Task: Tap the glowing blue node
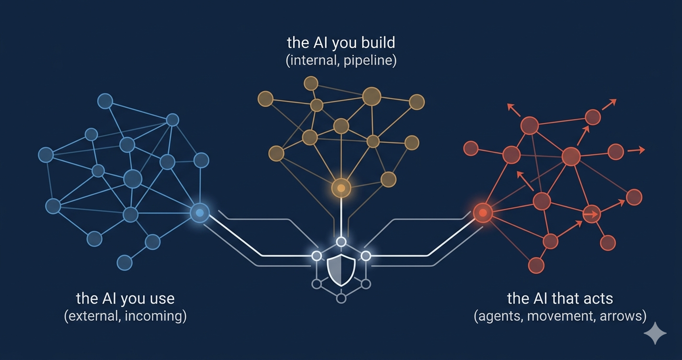click(200, 212)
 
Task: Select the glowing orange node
click(341, 188)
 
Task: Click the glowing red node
click(483, 212)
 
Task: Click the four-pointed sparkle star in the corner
click(655, 333)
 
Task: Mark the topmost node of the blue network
click(105, 101)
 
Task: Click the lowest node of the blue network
click(125, 262)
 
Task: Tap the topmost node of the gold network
click(311, 83)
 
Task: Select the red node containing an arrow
click(591, 214)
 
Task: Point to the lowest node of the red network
click(536, 265)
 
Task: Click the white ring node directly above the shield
click(341, 242)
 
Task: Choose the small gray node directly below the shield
click(341, 299)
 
